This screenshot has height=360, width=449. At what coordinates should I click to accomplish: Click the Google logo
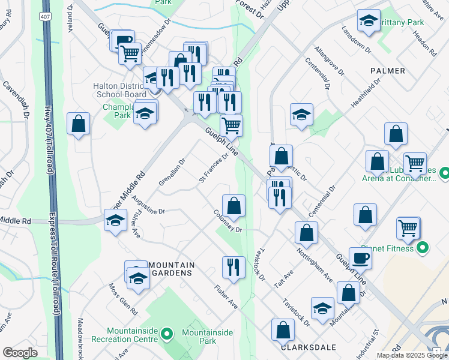(20, 352)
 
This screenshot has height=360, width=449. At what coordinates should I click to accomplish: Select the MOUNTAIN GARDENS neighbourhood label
(171, 269)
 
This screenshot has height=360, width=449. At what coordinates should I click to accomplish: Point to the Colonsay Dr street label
(226, 221)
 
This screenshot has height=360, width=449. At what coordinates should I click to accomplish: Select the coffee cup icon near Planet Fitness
(360, 258)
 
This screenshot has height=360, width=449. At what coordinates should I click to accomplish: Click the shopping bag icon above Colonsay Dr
(234, 205)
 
